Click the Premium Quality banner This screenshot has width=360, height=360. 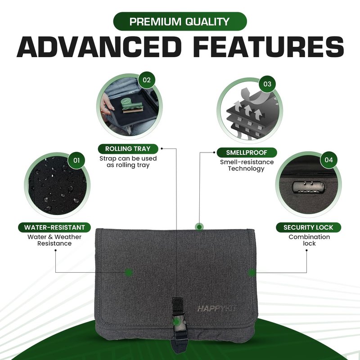(x=180, y=21)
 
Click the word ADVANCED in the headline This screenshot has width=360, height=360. (x=99, y=47)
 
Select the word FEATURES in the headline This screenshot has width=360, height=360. (x=269, y=47)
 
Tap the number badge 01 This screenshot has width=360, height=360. (x=76, y=160)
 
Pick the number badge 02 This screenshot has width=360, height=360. (x=147, y=80)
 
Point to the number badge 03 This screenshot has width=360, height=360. (x=267, y=84)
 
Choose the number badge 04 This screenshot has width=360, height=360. (x=328, y=160)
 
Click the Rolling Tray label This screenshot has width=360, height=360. (x=128, y=149)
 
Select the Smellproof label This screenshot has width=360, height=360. (x=247, y=153)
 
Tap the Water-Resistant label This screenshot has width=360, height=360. (x=54, y=227)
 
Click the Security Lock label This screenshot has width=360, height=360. (x=308, y=227)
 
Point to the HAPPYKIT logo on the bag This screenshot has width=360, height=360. (x=217, y=309)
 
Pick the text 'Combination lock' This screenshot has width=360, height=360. (x=309, y=240)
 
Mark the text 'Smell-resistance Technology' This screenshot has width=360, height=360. (x=247, y=165)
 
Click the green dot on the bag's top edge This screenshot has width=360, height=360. (x=199, y=227)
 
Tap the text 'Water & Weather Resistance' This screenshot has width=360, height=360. (x=54, y=240)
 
